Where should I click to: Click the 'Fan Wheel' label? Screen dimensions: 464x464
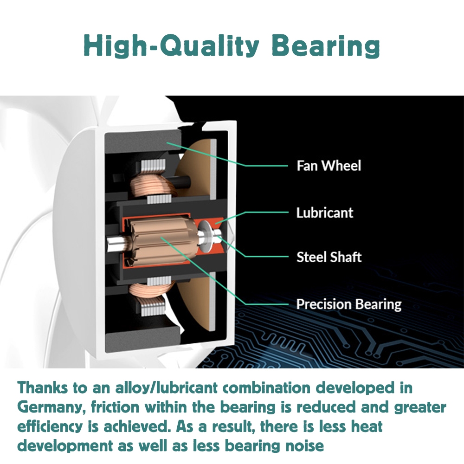coord(329,166)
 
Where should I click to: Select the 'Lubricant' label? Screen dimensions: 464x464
coord(325,213)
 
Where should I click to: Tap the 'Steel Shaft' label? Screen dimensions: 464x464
coord(329,257)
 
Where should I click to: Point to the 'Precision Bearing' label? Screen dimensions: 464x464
coord(349,304)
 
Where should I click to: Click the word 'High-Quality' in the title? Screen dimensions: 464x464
coord(172,45)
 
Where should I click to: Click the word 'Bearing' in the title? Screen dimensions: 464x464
coord(326,45)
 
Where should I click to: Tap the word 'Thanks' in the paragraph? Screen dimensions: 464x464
coord(43,387)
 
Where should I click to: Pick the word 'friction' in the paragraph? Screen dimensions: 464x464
coord(115,407)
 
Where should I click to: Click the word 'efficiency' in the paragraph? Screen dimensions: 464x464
coord(50,427)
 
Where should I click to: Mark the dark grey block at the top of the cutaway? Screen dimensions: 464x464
coord(142,142)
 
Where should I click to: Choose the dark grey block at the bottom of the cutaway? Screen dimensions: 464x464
coord(142,341)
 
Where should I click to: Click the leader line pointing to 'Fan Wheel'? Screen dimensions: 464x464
coord(227,154)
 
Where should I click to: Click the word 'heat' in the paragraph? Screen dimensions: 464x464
coord(367,427)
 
